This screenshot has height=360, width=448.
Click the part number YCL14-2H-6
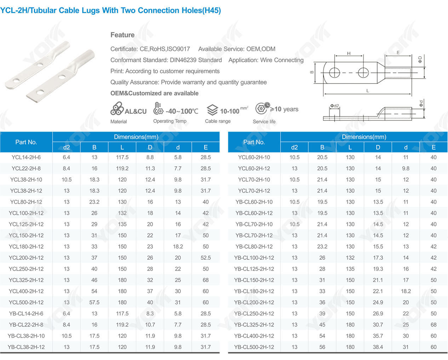click(x=26, y=157)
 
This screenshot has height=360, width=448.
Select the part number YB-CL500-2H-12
click(x=254, y=347)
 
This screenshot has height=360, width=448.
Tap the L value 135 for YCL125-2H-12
click(x=122, y=224)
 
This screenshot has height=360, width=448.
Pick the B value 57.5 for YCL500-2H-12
click(x=94, y=302)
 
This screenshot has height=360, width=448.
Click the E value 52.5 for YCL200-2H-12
click(x=206, y=258)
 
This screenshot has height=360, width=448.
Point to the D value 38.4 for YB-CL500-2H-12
click(x=378, y=347)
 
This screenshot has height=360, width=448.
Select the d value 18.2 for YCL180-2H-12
click(x=178, y=246)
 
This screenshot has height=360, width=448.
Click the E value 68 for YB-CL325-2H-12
click(x=433, y=325)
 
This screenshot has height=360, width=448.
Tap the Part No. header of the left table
click(x=26, y=142)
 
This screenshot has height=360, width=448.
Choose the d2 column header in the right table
click(x=294, y=147)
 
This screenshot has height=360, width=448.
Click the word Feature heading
click(x=122, y=35)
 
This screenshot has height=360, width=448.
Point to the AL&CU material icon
click(x=117, y=109)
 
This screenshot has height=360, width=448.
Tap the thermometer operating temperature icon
click(x=158, y=108)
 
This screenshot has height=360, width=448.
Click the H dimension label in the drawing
click(x=349, y=53)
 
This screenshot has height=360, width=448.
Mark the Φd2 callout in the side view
click(x=335, y=106)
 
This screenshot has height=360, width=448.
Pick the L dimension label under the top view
click(x=368, y=91)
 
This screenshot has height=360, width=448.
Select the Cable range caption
click(x=218, y=121)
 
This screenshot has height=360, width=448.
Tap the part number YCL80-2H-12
click(x=26, y=202)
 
